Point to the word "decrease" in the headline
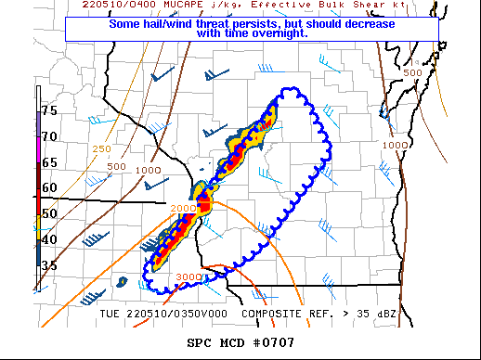click(x=382, y=21)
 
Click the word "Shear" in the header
click(x=359, y=5)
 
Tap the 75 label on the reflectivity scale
click(x=48, y=110)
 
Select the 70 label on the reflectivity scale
click(x=48, y=136)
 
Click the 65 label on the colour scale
click(x=48, y=162)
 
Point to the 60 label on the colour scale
click(x=48, y=187)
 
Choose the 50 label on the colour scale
click(x=48, y=213)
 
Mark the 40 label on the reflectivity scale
click(x=48, y=239)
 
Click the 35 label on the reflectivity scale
click(x=48, y=265)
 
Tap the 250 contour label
click(x=103, y=149)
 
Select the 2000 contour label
click(x=184, y=208)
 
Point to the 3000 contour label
click(x=189, y=277)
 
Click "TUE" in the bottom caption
click(x=110, y=314)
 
